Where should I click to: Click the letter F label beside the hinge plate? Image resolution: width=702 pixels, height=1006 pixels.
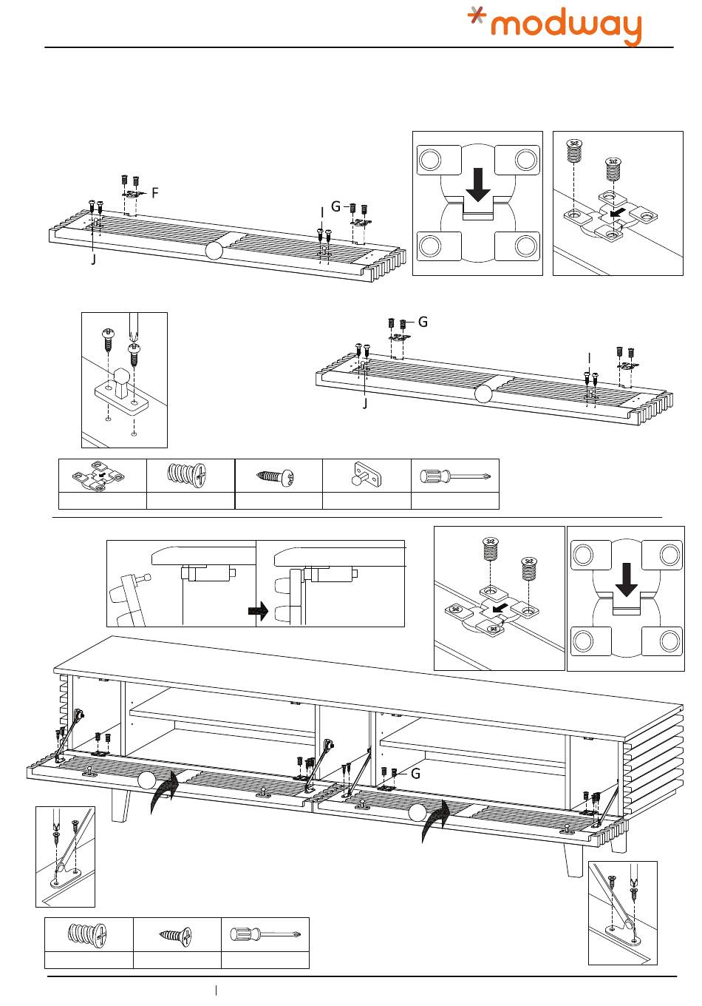pyautogui.click(x=155, y=192)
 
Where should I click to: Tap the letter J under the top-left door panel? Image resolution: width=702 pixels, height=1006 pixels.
pyautogui.click(x=94, y=260)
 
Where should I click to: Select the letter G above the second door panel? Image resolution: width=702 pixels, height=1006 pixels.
pyautogui.click(x=423, y=322)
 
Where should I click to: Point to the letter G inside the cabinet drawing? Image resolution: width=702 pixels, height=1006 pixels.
pyautogui.click(x=415, y=774)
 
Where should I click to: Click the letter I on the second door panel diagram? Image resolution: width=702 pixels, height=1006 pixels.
pyautogui.click(x=589, y=358)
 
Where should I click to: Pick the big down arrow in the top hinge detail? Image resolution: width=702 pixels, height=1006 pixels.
pyautogui.click(x=478, y=184)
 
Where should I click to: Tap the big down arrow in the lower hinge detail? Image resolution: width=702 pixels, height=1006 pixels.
pyautogui.click(x=627, y=581)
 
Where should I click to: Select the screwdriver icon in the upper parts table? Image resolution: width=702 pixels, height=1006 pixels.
pyautogui.click(x=454, y=475)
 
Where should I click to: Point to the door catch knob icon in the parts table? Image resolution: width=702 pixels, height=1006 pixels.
pyautogui.click(x=366, y=475)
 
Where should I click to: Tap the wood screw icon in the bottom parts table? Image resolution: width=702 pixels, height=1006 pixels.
pyautogui.click(x=176, y=935)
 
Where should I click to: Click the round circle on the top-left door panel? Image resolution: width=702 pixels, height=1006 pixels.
pyautogui.click(x=214, y=251)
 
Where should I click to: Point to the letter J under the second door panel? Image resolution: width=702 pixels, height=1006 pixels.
pyautogui.click(x=365, y=404)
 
